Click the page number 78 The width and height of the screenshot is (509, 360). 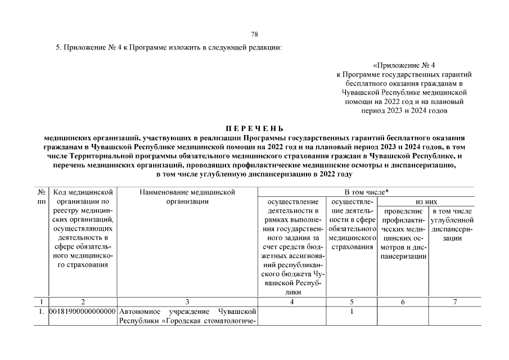pyautogui.click(x=254, y=34)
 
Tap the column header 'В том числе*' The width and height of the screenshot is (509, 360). pyautogui.click(x=366, y=192)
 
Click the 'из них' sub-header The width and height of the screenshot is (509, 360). pyautogui.click(x=426, y=201)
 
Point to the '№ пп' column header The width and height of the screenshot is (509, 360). pyautogui.click(x=41, y=197)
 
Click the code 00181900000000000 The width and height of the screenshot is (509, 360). pyautogui.click(x=83, y=311)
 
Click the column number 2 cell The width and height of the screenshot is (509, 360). pyautogui.click(x=83, y=301)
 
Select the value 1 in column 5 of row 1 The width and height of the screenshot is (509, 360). pyautogui.click(x=352, y=311)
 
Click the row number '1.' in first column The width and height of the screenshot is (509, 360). pyautogui.click(x=40, y=311)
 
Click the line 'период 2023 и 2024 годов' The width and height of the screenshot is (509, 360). pyautogui.click(x=404, y=111)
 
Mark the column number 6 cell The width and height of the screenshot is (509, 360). pyautogui.click(x=403, y=301)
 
